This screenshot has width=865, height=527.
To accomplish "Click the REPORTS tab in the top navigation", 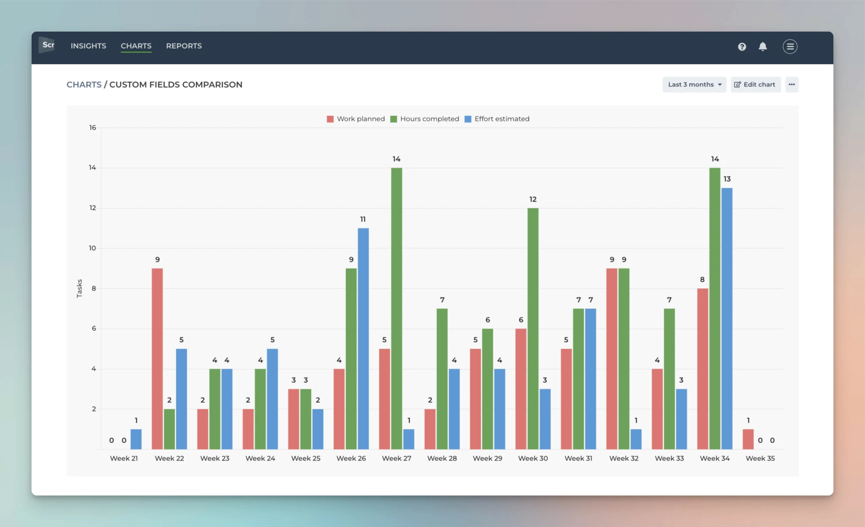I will click(x=184, y=46).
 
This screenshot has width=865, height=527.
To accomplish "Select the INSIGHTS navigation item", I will click(x=88, y=46).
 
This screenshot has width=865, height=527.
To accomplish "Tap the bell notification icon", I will click(x=762, y=47).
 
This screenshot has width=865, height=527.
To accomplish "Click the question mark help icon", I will click(x=742, y=47).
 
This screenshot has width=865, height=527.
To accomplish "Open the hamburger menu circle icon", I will click(x=790, y=47).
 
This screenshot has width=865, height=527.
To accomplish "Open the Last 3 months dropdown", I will click(x=694, y=84).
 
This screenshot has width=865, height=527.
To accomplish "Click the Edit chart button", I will click(x=755, y=84).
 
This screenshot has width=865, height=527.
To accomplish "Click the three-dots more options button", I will click(x=791, y=84).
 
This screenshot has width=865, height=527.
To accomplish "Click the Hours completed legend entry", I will click(x=425, y=119).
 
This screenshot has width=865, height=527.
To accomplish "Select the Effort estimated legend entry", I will click(x=497, y=119).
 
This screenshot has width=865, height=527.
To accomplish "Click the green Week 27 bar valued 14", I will click(x=396, y=308).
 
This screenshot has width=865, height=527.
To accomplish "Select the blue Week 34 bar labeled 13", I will click(x=727, y=318).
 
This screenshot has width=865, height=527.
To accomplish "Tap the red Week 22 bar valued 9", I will click(x=157, y=358).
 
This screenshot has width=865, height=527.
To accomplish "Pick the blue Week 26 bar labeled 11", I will click(x=363, y=338).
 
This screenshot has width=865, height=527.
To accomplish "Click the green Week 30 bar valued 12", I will click(x=533, y=328).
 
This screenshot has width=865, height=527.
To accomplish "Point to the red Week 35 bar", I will click(x=748, y=439).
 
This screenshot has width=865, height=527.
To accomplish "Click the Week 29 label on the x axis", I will click(x=487, y=458).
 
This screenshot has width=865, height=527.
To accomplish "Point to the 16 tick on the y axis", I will click(x=92, y=128).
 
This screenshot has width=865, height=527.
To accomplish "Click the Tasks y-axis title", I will click(x=79, y=288).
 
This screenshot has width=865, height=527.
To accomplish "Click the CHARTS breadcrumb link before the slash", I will click(x=84, y=85).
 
